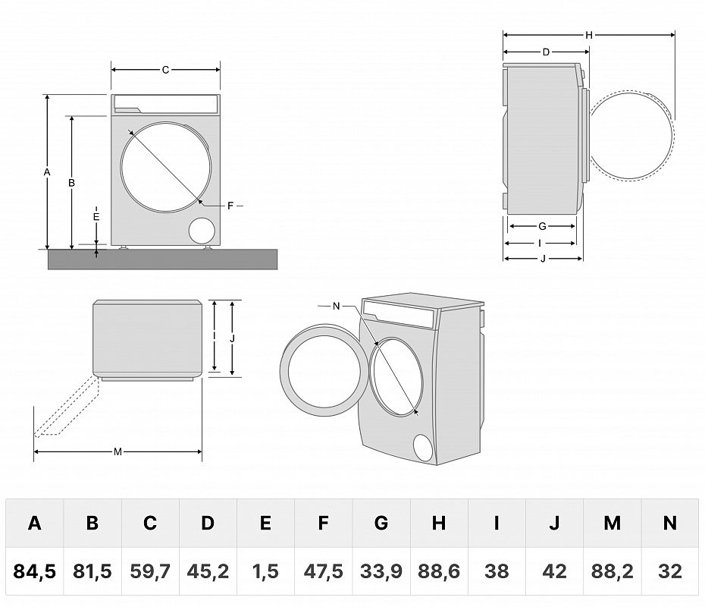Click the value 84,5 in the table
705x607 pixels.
[35, 571]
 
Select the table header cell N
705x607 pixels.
[669, 523]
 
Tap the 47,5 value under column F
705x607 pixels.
[324, 571]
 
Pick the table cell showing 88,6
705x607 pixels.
[439, 571]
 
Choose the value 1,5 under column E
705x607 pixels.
[265, 571]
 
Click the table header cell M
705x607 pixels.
[612, 523]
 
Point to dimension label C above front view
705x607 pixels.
[165, 70]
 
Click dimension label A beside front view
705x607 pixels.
[47, 172]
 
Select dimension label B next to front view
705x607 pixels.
[71, 182]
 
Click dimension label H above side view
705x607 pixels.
[588, 35]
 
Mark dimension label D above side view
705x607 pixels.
[546, 52]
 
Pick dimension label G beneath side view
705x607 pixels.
[542, 226]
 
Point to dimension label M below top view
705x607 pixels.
[117, 452]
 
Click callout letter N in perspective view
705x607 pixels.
[337, 306]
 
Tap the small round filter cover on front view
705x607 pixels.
[202, 231]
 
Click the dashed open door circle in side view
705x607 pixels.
[631, 137]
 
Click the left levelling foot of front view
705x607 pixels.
[124, 247]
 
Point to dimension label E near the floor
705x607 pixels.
[96, 216]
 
